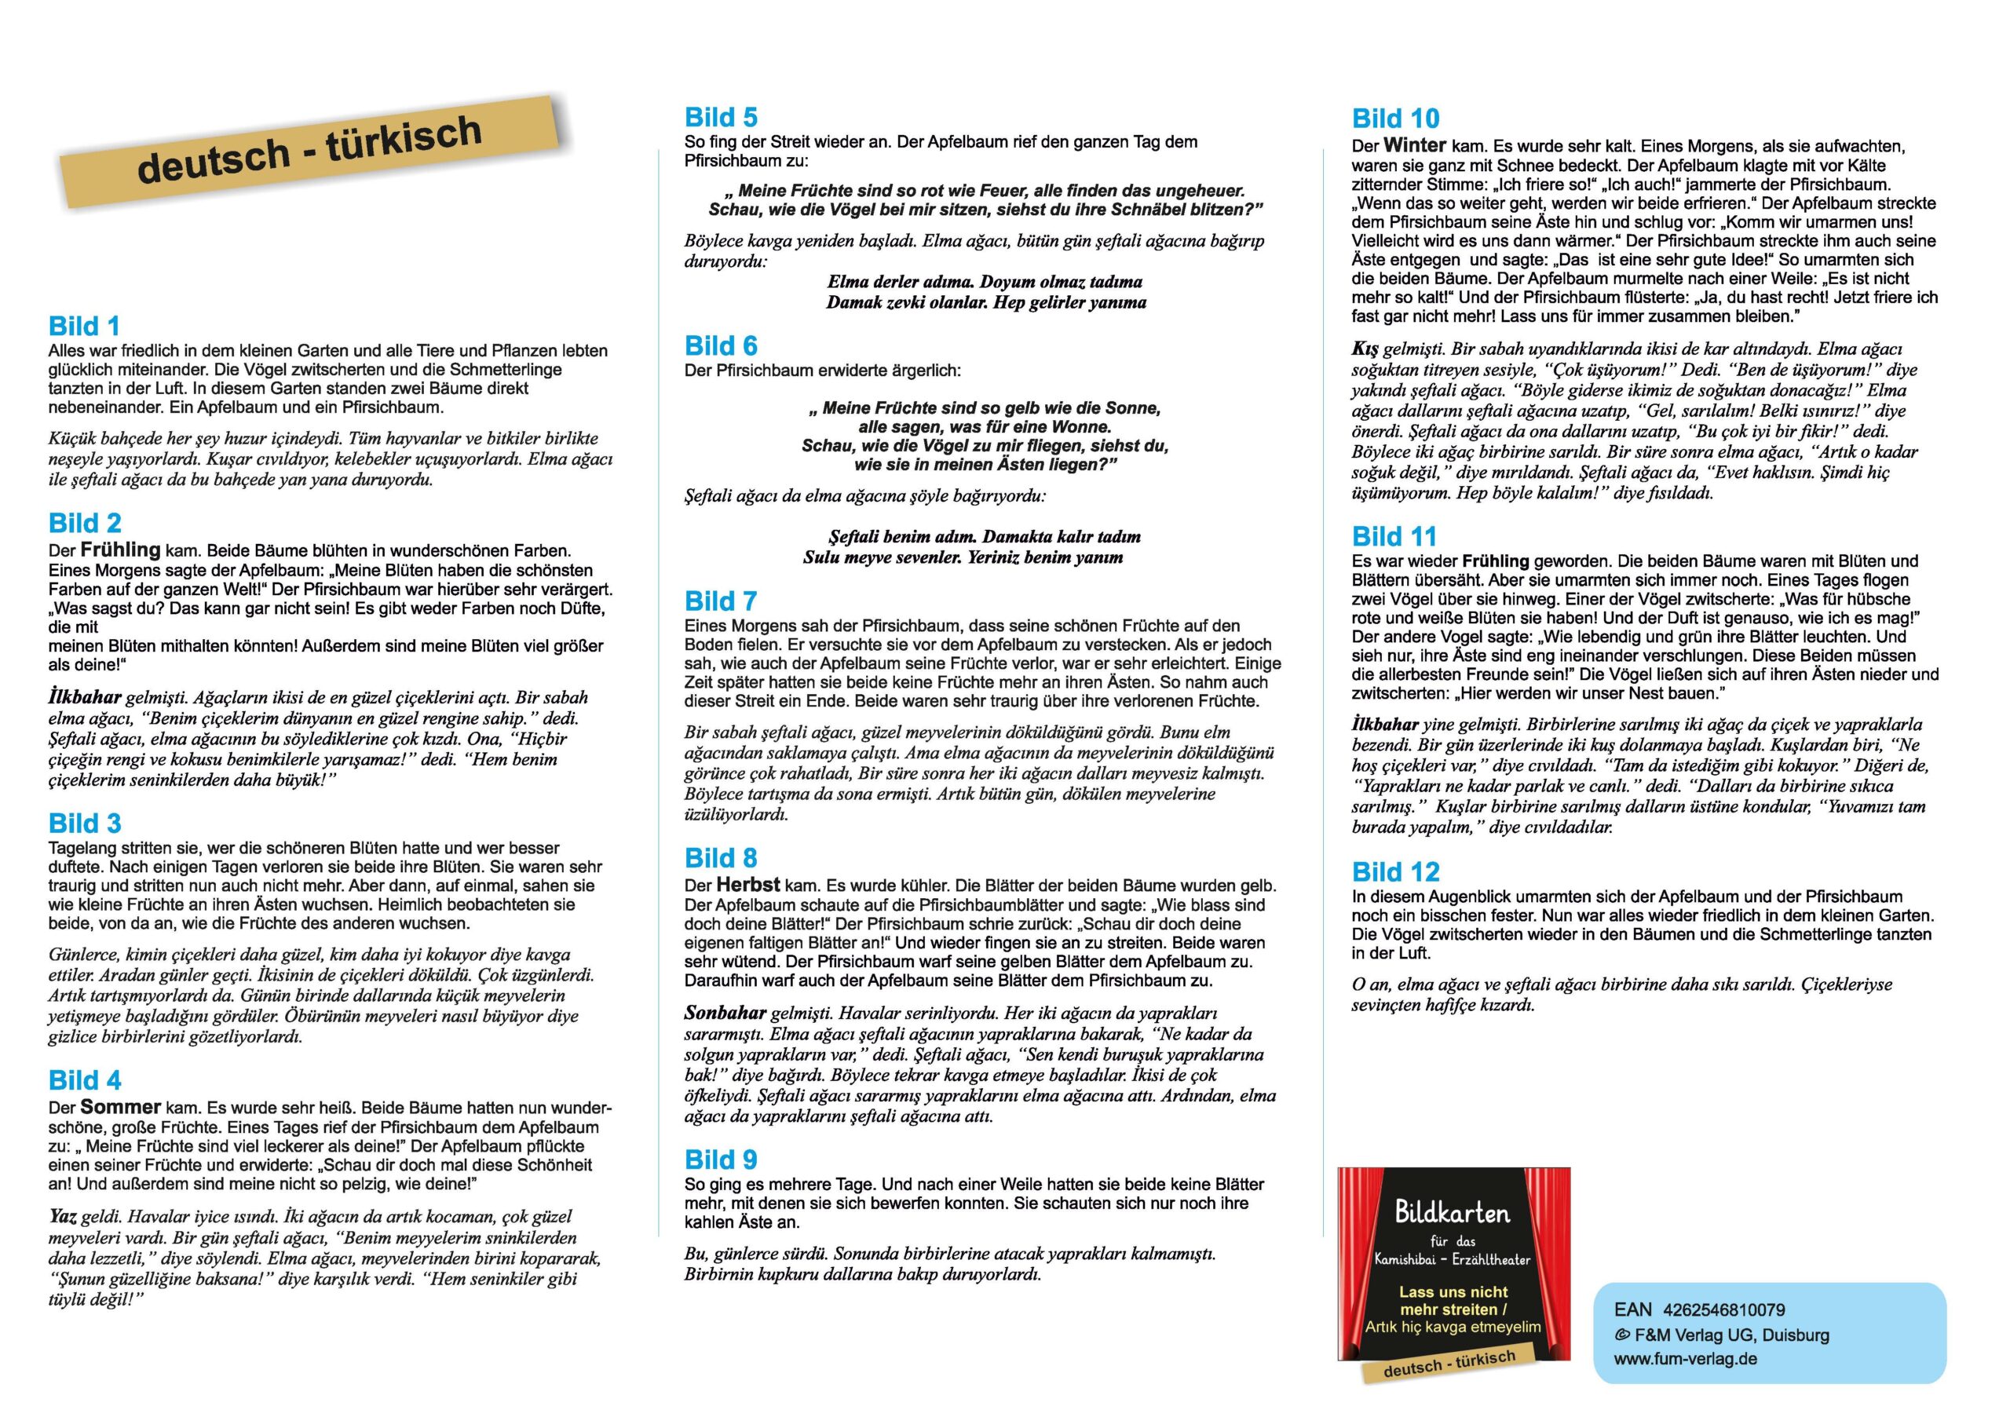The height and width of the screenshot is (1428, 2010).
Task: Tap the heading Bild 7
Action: pos(720,601)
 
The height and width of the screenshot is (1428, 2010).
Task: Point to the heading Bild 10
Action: pos(1395,119)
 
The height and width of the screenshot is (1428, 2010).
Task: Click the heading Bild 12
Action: pos(1395,872)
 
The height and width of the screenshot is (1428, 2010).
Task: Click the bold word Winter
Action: pos(1414,145)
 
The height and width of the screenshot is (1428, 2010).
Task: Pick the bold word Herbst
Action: pos(747,885)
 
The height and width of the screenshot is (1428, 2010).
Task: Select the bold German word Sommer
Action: pos(120,1107)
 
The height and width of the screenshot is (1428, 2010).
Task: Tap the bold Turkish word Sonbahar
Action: pos(725,1013)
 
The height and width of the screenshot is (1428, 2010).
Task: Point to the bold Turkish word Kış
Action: pos(1365,349)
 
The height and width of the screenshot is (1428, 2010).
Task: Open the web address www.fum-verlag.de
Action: pos(1685,1359)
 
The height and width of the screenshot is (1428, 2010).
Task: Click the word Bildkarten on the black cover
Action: pos(1452,1214)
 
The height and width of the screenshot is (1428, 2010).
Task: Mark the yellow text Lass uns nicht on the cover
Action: pos(1453,1291)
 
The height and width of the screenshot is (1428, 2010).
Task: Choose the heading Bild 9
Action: pos(720,1159)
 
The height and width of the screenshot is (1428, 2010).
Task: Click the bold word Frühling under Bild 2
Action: pos(120,550)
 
